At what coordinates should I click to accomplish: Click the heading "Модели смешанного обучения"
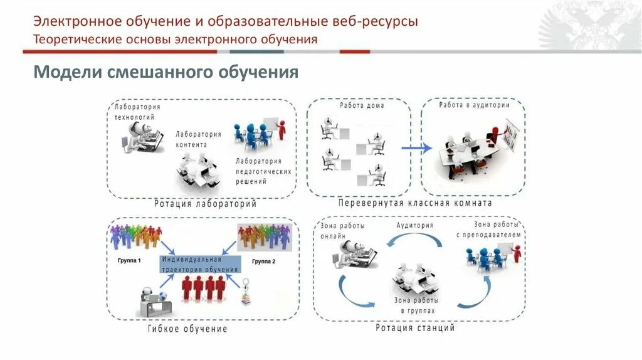pos(166,72)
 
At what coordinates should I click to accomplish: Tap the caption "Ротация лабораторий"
pos(205,204)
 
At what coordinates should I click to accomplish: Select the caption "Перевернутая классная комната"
pos(415,203)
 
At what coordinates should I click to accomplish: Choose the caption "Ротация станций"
pos(415,327)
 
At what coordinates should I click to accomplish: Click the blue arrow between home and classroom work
pos(416,149)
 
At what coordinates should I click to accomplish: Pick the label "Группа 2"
pos(263,261)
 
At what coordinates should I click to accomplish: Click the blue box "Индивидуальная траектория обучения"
pos(201,264)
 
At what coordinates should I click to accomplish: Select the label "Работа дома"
pos(362,105)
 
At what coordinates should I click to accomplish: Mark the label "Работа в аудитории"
pos(473,105)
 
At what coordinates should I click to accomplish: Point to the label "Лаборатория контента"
pos(198,139)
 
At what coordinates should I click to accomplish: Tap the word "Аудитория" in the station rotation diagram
pos(414,225)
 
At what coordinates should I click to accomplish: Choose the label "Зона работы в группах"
pos(414,305)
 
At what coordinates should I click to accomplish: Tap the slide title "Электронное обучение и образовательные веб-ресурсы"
pos(225,21)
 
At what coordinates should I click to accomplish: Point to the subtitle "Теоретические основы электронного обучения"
pos(175,40)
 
